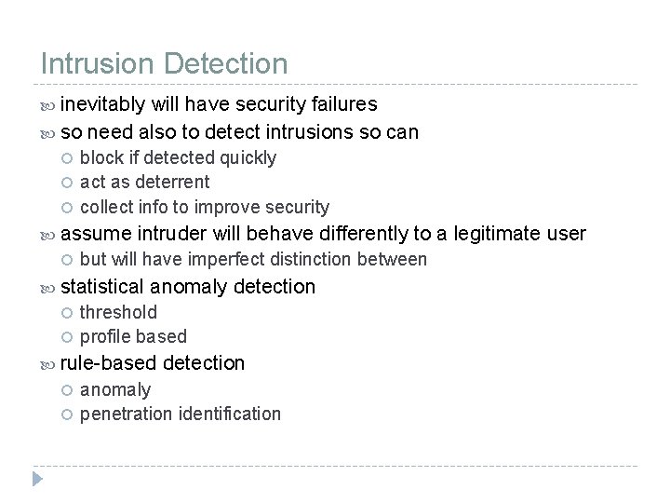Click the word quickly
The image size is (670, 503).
tap(248, 157)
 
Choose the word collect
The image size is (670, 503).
tap(107, 206)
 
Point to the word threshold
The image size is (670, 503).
tap(118, 312)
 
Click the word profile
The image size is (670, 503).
tap(105, 336)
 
